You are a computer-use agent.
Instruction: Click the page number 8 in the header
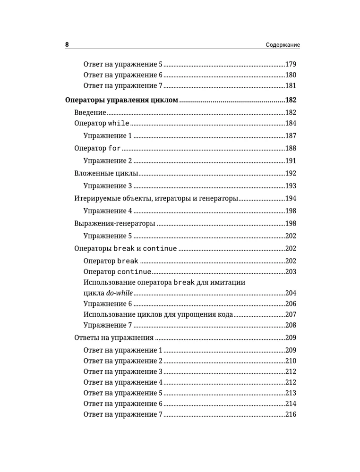click(x=67, y=45)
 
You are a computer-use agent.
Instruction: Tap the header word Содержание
click(x=283, y=45)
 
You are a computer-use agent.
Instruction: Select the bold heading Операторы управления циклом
click(x=121, y=100)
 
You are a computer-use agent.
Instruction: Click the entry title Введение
click(x=90, y=112)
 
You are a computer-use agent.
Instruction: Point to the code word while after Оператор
click(x=119, y=124)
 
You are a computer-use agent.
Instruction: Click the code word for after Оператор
click(x=115, y=148)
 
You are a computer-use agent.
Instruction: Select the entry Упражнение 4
click(x=108, y=211)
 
